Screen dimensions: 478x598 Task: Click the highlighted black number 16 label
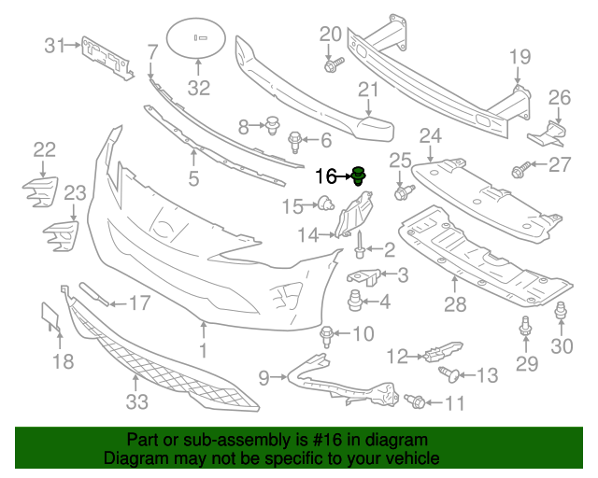pos(326,176)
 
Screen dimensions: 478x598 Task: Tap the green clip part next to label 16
pos(359,175)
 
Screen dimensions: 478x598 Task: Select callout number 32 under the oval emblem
pos(199,89)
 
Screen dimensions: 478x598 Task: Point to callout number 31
pos(56,45)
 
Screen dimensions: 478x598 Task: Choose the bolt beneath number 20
pos(334,64)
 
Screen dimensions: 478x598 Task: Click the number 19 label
pos(520,58)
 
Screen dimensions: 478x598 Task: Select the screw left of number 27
pos(520,171)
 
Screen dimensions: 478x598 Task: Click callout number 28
pos(455,303)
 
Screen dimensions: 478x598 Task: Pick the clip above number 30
pos(561,313)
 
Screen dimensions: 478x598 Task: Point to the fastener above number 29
pos(525,326)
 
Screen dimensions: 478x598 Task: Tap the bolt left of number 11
pos(416,401)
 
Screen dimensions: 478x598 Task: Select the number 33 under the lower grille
pos(137,402)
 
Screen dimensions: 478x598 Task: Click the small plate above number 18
pos(50,317)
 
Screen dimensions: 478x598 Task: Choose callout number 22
pos(45,149)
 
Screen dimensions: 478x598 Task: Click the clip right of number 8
pos(274,123)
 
